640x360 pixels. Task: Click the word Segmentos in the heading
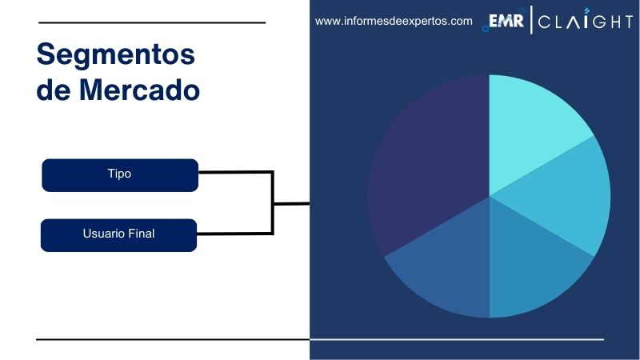[x=116, y=55]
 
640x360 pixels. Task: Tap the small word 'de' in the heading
[x=54, y=90]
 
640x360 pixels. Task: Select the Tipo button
[x=119, y=174]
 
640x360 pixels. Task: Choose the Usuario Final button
[x=118, y=234]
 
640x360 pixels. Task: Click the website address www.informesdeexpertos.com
[x=394, y=22]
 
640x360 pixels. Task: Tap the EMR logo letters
[x=506, y=22]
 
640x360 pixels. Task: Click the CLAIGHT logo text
[x=585, y=22]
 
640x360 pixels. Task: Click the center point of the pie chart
[x=489, y=196]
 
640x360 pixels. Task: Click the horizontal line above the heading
[x=151, y=22]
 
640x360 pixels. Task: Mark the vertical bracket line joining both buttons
[x=273, y=202]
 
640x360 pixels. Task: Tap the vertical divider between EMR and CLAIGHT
[x=531, y=22]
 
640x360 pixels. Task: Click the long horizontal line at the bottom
[x=320, y=339]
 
